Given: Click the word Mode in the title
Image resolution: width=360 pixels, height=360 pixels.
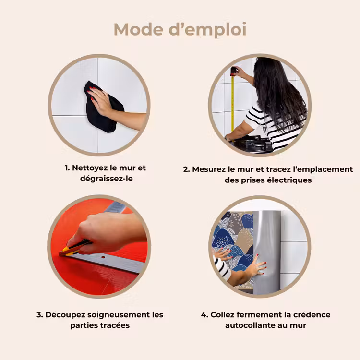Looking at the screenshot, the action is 138,29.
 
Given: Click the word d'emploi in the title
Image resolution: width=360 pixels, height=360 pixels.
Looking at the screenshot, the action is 207,30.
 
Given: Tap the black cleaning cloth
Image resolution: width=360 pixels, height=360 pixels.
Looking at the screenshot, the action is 103,107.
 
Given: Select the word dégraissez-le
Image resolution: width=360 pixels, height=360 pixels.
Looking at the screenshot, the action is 106,179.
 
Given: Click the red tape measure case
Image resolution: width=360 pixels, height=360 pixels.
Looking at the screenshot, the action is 233,71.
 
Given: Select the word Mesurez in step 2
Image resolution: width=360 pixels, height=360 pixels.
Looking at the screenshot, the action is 209,169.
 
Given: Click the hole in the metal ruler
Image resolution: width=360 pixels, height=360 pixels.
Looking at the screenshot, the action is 103,257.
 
